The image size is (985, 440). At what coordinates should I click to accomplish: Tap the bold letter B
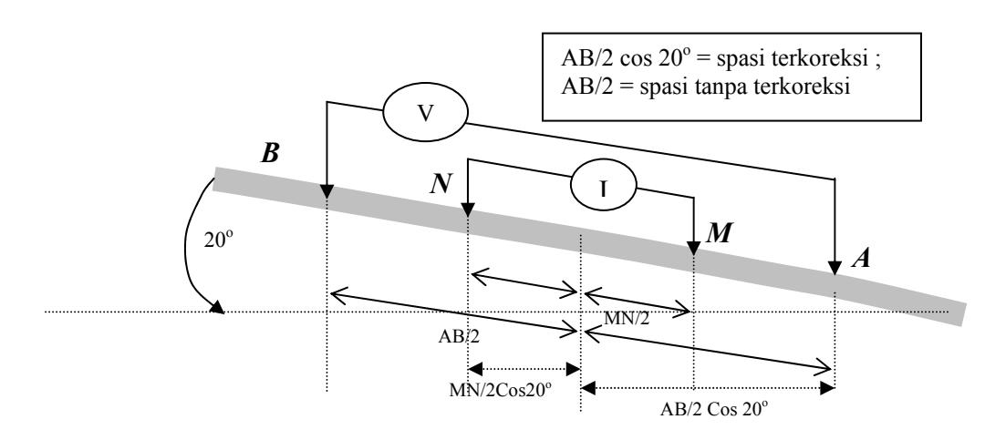click(x=270, y=153)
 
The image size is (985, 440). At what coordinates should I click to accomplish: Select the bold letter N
click(x=442, y=183)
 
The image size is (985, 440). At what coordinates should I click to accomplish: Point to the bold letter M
click(x=719, y=233)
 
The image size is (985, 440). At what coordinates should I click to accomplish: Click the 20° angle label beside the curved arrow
click(x=219, y=240)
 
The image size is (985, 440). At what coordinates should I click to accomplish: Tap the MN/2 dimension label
click(x=627, y=318)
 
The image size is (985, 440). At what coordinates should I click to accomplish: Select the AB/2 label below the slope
click(x=459, y=337)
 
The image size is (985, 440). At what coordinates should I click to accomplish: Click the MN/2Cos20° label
click(x=501, y=389)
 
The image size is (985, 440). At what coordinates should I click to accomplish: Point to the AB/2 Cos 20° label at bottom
click(x=714, y=409)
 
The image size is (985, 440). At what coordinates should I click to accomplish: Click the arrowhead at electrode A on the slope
click(x=835, y=268)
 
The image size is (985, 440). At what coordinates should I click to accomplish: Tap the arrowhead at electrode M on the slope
click(x=693, y=247)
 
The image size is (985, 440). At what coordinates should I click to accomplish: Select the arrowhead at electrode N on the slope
click(x=467, y=210)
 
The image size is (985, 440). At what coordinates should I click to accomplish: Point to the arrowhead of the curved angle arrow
click(x=217, y=307)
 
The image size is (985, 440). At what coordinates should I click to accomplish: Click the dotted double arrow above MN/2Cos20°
click(x=524, y=369)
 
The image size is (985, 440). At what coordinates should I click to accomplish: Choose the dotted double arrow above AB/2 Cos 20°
click(x=708, y=388)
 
